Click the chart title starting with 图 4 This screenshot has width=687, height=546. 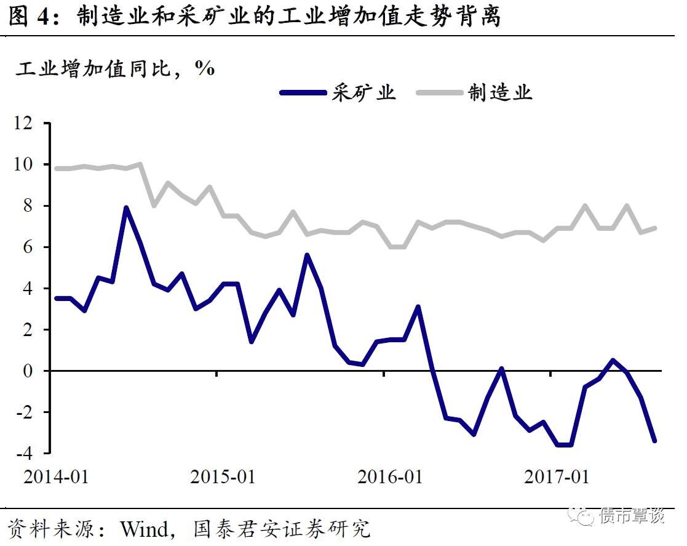[x=255, y=17]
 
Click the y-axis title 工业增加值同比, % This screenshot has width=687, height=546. [x=115, y=68]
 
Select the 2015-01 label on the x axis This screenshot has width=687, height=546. [x=223, y=476]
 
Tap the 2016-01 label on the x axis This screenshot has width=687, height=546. [x=390, y=476]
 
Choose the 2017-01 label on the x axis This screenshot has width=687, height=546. [x=557, y=476]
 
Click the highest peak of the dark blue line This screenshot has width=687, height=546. [x=126, y=207]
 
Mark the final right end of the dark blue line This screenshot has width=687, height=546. [x=654, y=441]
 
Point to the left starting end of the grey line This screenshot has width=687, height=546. [x=57, y=168]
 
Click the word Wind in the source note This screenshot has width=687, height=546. [x=143, y=528]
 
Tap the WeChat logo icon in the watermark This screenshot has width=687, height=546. [x=581, y=515]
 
